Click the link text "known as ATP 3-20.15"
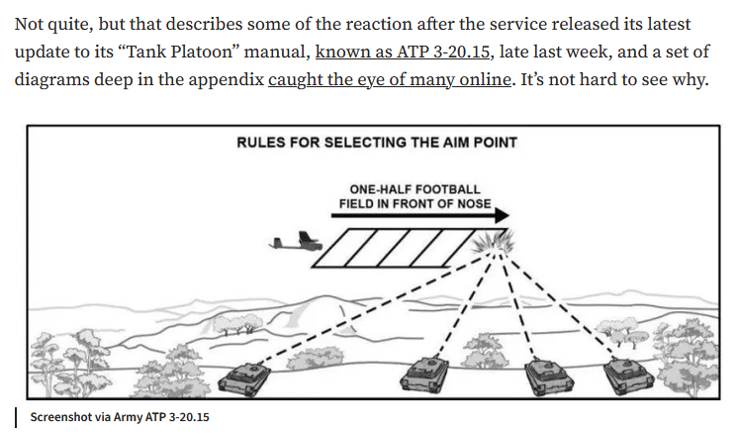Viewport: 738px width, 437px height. point(403,52)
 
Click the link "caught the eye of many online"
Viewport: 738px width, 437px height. point(389,79)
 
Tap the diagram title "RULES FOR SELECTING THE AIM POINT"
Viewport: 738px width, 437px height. point(377,143)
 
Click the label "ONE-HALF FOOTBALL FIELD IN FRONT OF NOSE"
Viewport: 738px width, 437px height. point(415,196)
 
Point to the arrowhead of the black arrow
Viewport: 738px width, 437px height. point(503,216)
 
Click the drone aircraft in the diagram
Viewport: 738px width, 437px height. point(296,242)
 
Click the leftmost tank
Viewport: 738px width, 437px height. point(244,379)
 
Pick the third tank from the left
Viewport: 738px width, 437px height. point(548,376)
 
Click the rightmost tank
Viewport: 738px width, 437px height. point(628,376)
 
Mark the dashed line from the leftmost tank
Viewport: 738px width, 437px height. point(373,308)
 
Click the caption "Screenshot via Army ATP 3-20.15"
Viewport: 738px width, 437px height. point(120,417)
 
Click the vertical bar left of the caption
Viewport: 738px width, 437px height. point(16,417)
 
